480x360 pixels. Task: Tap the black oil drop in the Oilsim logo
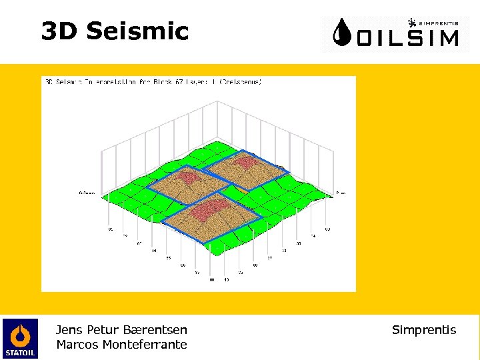[x=343, y=33]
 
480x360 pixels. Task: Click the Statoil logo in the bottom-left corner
[x=20, y=338]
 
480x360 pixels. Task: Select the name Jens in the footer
[x=69, y=330]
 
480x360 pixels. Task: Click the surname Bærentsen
[x=155, y=330]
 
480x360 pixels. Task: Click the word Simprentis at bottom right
[x=424, y=330]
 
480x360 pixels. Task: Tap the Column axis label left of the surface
[x=87, y=193]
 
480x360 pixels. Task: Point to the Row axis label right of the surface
[x=340, y=193]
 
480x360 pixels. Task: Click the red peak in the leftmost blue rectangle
[x=187, y=177]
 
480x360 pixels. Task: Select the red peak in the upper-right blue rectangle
[x=245, y=161]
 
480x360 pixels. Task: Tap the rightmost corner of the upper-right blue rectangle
[x=289, y=173]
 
